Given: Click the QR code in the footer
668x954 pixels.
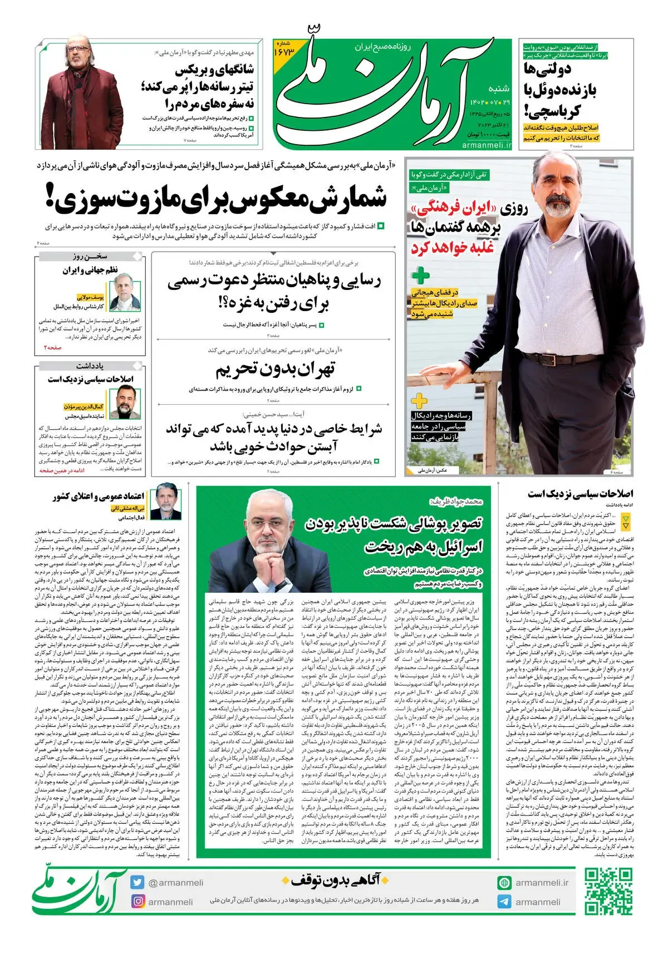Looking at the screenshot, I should pos(608,892).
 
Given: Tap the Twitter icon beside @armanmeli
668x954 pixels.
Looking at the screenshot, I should pos(137,882).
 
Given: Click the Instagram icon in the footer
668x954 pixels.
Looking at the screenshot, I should pos(137,901).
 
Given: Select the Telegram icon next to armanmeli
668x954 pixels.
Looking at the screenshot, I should pos(504,902).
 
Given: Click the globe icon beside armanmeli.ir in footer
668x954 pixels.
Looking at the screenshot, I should pos(504,883).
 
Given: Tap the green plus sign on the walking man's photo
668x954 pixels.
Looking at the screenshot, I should pos(420,275).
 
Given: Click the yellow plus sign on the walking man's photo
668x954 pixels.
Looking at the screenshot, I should pos(419,400).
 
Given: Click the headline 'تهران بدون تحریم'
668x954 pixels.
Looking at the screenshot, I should pos(275,370).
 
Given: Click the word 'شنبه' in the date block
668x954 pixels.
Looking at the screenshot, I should pos(498,88).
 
